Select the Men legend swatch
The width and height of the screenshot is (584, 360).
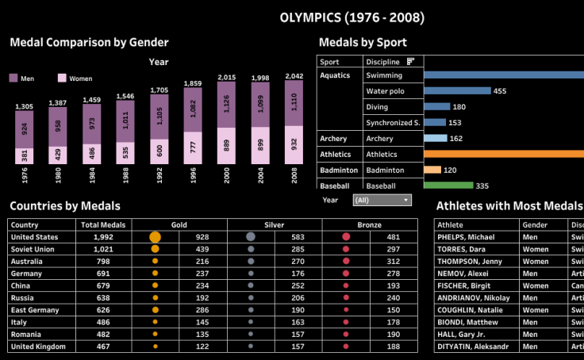[x=14, y=79]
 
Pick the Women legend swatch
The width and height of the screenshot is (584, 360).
[x=63, y=79]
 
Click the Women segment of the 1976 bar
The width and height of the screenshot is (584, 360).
[x=25, y=155]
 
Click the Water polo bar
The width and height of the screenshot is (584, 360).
[x=457, y=91]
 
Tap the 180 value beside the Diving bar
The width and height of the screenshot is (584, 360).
[x=459, y=107]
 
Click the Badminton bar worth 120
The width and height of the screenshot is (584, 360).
[x=432, y=170]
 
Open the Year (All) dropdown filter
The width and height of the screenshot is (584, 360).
[x=383, y=201]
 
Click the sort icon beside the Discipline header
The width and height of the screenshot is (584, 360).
[x=411, y=61]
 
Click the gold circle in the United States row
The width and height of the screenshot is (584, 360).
[x=155, y=237]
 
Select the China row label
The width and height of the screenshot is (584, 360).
[x=22, y=285]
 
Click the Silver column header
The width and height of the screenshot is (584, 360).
[x=275, y=225]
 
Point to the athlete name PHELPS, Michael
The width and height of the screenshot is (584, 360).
[x=466, y=237]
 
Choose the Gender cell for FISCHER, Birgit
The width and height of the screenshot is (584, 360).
[x=536, y=285]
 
